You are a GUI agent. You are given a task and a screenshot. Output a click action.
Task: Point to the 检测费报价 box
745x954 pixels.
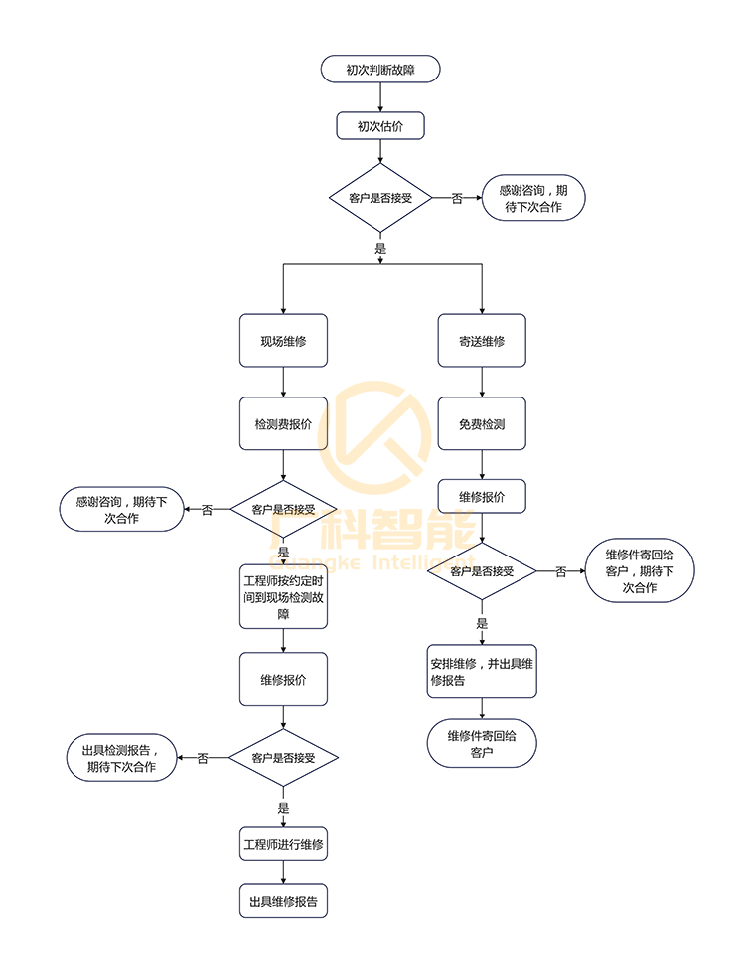pyautogui.click(x=283, y=424)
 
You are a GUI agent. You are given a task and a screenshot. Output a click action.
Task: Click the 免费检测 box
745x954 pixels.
pyautogui.click(x=482, y=424)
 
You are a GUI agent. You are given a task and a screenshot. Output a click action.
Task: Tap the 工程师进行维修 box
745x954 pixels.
pyautogui.click(x=283, y=845)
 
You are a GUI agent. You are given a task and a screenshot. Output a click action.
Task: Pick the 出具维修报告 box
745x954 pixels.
pyautogui.click(x=283, y=902)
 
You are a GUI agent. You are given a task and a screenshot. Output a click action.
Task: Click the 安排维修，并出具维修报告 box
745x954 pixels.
pyautogui.click(x=482, y=673)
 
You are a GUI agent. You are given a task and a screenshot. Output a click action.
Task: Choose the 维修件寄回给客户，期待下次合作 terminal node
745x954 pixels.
pyautogui.click(x=640, y=572)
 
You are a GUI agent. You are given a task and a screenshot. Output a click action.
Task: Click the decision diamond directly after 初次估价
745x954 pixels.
pyautogui.click(x=380, y=198)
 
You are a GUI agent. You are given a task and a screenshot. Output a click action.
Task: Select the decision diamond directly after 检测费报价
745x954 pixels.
pyautogui.click(x=283, y=509)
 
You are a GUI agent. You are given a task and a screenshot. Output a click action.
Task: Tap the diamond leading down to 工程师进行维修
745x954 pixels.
pyautogui.click(x=283, y=758)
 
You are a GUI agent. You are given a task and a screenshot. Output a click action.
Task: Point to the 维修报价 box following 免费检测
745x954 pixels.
pyautogui.click(x=482, y=496)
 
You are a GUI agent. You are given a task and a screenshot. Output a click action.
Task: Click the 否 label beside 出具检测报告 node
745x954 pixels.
pyautogui.click(x=203, y=758)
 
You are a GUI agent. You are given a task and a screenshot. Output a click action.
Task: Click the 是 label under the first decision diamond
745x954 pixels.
pyautogui.click(x=380, y=249)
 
